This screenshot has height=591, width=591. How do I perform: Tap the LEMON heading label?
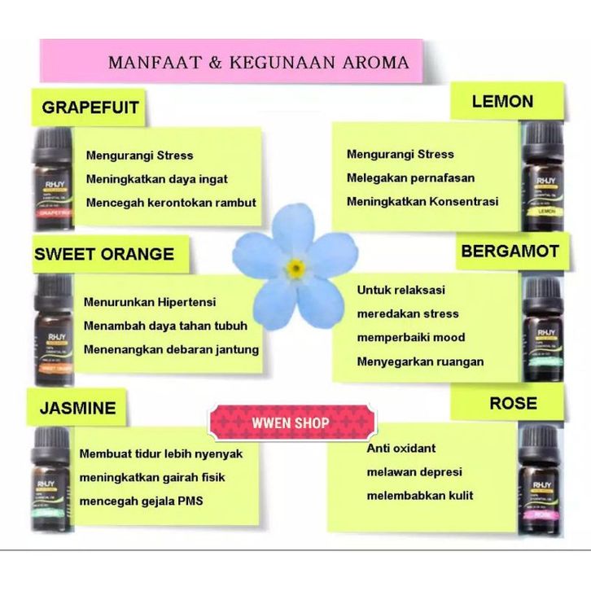coord(502,102)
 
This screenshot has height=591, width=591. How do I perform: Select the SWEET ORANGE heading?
coord(104,254)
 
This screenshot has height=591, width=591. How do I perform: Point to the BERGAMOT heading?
coord(510,252)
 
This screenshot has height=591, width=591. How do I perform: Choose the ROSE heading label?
coord(513,403)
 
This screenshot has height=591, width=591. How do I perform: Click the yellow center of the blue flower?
coord(295,267)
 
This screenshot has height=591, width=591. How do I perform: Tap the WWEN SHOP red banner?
coord(292,423)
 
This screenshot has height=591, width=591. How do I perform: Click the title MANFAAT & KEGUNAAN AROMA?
coord(258,62)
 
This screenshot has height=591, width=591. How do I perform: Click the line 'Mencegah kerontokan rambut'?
coord(171,203)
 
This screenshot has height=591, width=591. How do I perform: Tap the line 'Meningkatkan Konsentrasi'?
coord(422,201)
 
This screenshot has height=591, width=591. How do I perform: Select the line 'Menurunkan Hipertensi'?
coord(150,302)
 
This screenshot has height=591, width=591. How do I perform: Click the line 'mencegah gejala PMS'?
coord(141,501)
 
